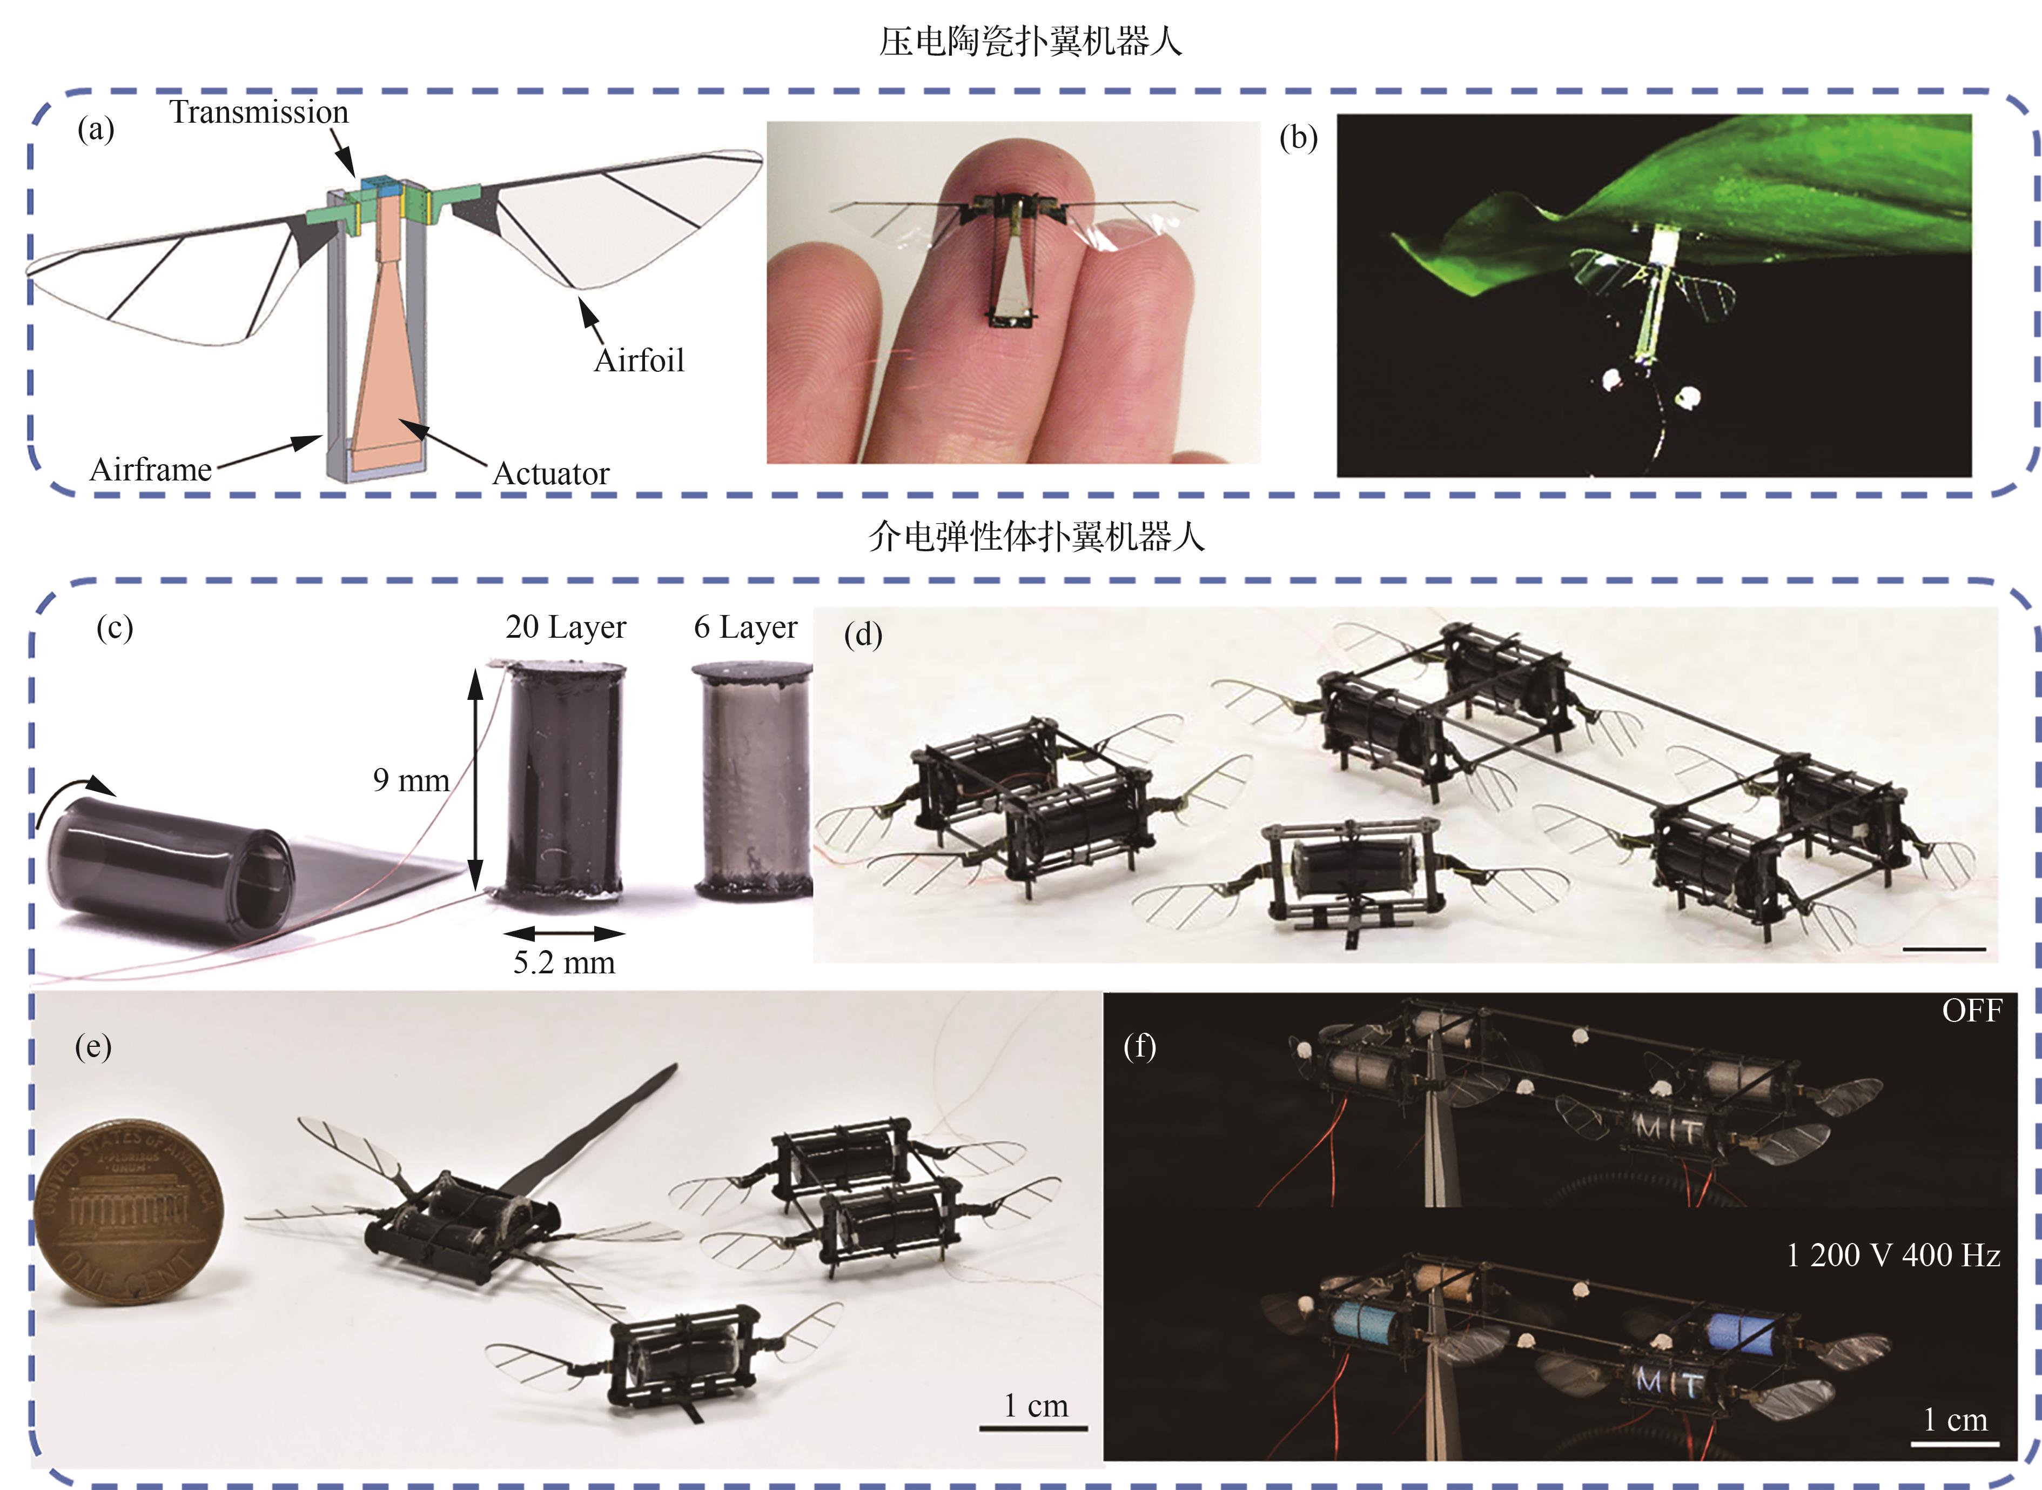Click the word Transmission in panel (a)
(x=259, y=113)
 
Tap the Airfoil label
(x=639, y=361)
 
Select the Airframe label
(x=151, y=470)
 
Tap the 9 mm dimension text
(x=411, y=780)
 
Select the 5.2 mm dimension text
(x=565, y=963)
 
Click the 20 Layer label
(x=565, y=627)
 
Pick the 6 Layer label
(x=745, y=627)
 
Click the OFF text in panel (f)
(x=1972, y=1011)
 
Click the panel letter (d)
(x=863, y=635)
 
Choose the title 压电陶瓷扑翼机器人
(x=1031, y=42)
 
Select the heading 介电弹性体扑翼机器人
(x=1037, y=537)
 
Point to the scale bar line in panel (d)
(x=1945, y=950)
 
